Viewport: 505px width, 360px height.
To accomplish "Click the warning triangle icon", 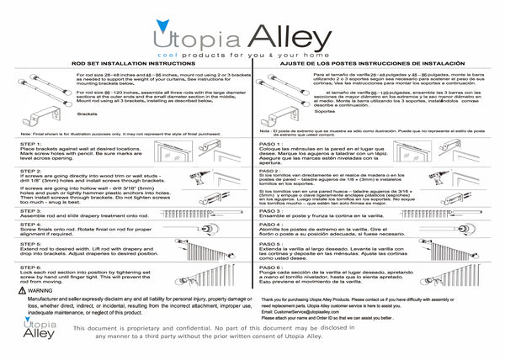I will pyautogui.click(x=22, y=289).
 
